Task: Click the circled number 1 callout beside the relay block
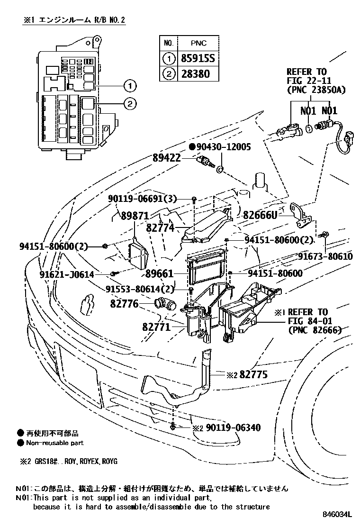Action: coord(130,86)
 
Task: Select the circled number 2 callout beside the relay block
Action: coord(130,103)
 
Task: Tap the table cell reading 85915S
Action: coord(198,59)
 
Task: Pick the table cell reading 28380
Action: coord(195,73)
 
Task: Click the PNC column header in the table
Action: coord(198,43)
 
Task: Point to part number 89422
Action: coord(167,158)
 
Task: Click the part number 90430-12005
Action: coord(224,147)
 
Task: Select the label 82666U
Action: coord(260,215)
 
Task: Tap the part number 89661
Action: coord(160,274)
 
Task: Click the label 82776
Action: coord(124,304)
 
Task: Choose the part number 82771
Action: coord(156,327)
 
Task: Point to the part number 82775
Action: coord(253,374)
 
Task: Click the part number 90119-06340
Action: coord(233,428)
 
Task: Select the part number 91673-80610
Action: coord(325,257)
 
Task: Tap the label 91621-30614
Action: coord(67,274)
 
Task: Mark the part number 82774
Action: coord(160,228)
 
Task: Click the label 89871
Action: coord(135,216)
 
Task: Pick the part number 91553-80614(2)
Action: coord(140,289)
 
